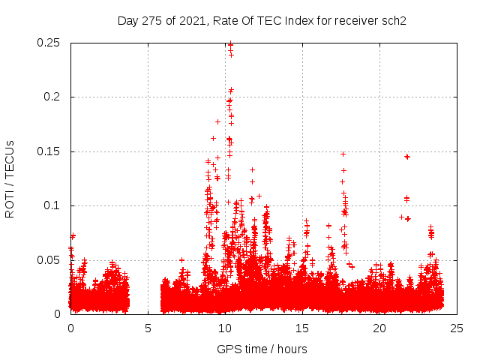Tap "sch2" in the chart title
click(393, 20)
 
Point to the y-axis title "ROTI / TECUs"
click(10, 178)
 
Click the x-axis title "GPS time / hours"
click(262, 349)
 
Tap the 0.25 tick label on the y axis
click(49, 43)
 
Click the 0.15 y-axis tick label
click(49, 151)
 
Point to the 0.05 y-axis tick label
click(49, 260)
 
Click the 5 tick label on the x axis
click(148, 328)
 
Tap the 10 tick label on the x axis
click(225, 328)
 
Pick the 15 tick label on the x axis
click(302, 328)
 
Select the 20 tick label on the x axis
click(379, 328)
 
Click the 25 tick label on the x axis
click(457, 328)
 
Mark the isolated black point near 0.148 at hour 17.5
click(343, 154)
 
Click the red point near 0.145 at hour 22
click(407, 157)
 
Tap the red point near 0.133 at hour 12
click(253, 169)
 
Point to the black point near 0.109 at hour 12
click(259, 196)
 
